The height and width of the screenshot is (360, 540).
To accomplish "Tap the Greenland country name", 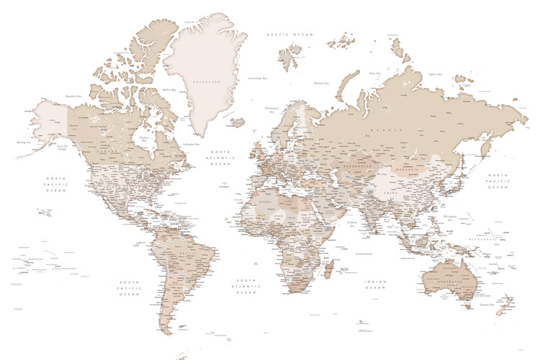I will (x=202, y=81).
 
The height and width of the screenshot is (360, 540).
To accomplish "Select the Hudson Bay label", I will (x=143, y=140).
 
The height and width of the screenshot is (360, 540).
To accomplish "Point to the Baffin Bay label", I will (x=169, y=89).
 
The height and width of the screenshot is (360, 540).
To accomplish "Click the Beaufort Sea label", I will (x=73, y=96).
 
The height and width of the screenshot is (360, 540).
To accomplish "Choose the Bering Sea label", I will (x=22, y=143).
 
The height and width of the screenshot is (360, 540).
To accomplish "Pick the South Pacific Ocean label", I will (x=130, y=286).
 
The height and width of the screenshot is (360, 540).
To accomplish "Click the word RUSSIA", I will (x=383, y=130).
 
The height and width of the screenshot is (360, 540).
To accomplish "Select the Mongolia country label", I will (x=408, y=170).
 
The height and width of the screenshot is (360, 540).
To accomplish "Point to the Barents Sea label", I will (x=321, y=83).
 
